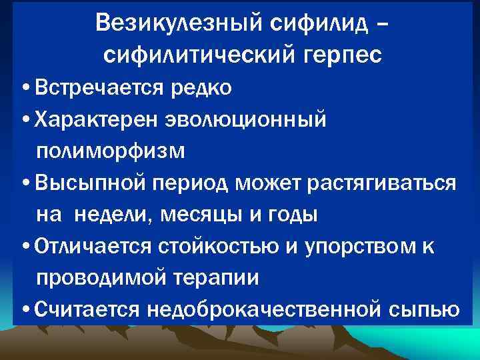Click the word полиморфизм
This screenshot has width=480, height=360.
click(x=111, y=151)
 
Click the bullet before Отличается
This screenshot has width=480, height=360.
click(x=25, y=247)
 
